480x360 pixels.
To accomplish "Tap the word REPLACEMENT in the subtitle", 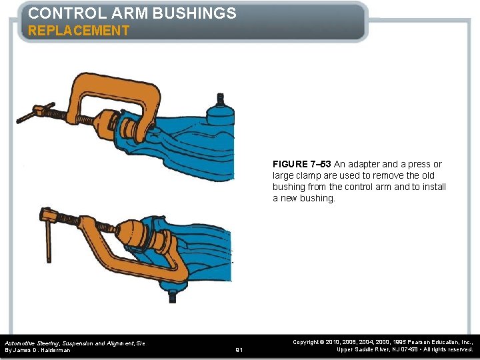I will coord(79,31).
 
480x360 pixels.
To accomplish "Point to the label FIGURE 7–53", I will coord(303,164).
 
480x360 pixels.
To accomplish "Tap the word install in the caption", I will coord(432,187).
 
